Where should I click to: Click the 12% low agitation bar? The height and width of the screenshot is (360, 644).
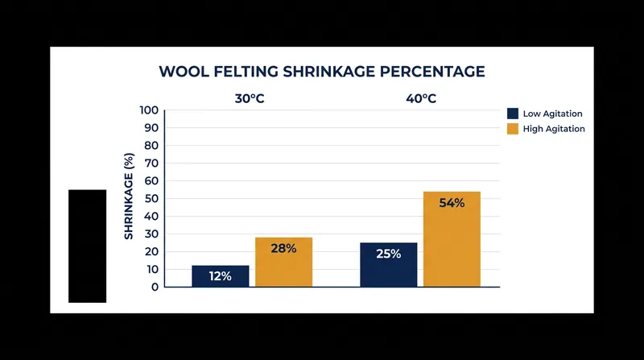[220, 276]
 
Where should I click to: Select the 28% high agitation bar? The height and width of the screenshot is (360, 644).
[284, 263]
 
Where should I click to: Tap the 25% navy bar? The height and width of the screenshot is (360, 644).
[389, 265]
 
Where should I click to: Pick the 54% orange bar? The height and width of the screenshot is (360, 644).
[452, 239]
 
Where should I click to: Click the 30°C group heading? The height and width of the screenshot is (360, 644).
[250, 98]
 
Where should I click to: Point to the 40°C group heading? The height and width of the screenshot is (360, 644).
[421, 98]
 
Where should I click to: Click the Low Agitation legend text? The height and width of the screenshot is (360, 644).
[552, 114]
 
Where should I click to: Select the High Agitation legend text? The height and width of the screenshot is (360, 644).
[554, 129]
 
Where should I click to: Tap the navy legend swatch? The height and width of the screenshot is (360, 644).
[513, 114]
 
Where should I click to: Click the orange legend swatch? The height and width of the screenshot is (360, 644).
[513, 129]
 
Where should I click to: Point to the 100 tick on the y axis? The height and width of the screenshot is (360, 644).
[149, 110]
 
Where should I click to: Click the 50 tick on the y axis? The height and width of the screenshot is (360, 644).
[151, 198]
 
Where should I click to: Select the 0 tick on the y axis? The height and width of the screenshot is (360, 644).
[155, 288]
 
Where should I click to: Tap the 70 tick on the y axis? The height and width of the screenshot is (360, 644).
[151, 163]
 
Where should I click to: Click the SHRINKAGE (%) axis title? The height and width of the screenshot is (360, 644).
[129, 196]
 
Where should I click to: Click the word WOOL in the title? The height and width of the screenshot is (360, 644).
[184, 72]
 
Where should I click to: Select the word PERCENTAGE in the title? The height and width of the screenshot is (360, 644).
[432, 72]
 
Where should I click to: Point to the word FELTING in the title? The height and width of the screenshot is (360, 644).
[246, 72]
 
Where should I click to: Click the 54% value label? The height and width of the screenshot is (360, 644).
[452, 203]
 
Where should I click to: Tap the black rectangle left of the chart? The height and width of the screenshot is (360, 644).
[88, 246]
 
